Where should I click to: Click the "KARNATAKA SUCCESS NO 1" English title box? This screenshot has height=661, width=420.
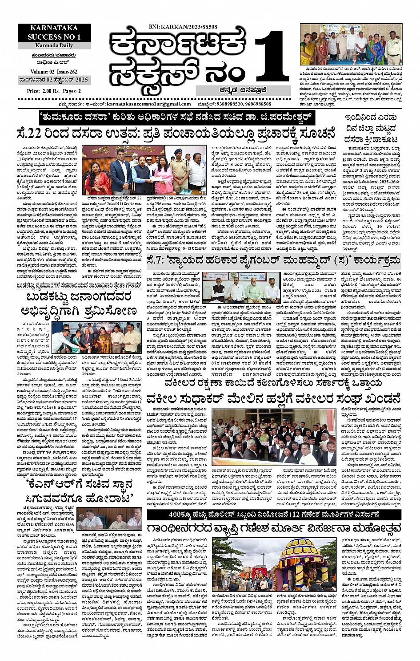[54, 32]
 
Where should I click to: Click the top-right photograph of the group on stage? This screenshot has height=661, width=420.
[351, 44]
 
